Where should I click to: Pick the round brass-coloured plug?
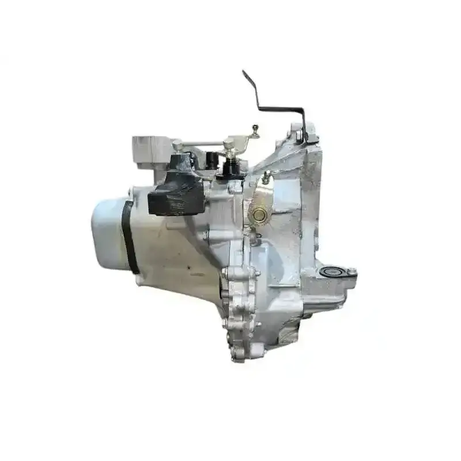point(259,215)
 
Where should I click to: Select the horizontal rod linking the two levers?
point(202,144)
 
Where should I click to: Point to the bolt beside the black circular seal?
point(351,271)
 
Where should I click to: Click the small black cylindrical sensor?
point(212,160)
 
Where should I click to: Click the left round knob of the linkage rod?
point(177,144)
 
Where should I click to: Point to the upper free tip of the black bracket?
point(244,73)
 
